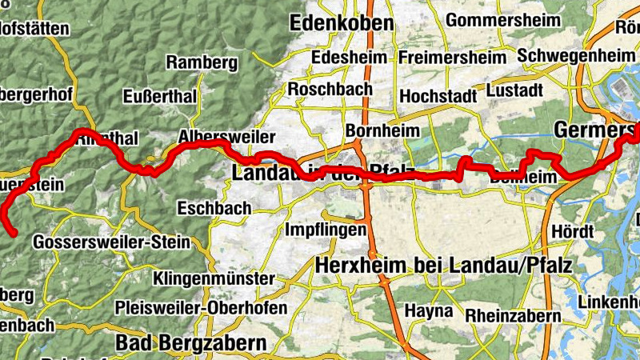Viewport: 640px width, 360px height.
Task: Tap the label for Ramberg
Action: point(202,62)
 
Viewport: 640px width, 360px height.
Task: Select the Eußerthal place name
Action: point(161,96)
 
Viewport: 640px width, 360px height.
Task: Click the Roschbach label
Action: point(326,88)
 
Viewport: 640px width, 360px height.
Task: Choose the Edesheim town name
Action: point(349,58)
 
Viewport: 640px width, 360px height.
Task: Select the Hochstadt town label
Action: point(437,94)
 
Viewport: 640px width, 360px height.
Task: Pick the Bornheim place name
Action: point(378,130)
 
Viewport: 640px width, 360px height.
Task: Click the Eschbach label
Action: point(214,208)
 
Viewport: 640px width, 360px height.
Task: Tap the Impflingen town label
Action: point(326,230)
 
